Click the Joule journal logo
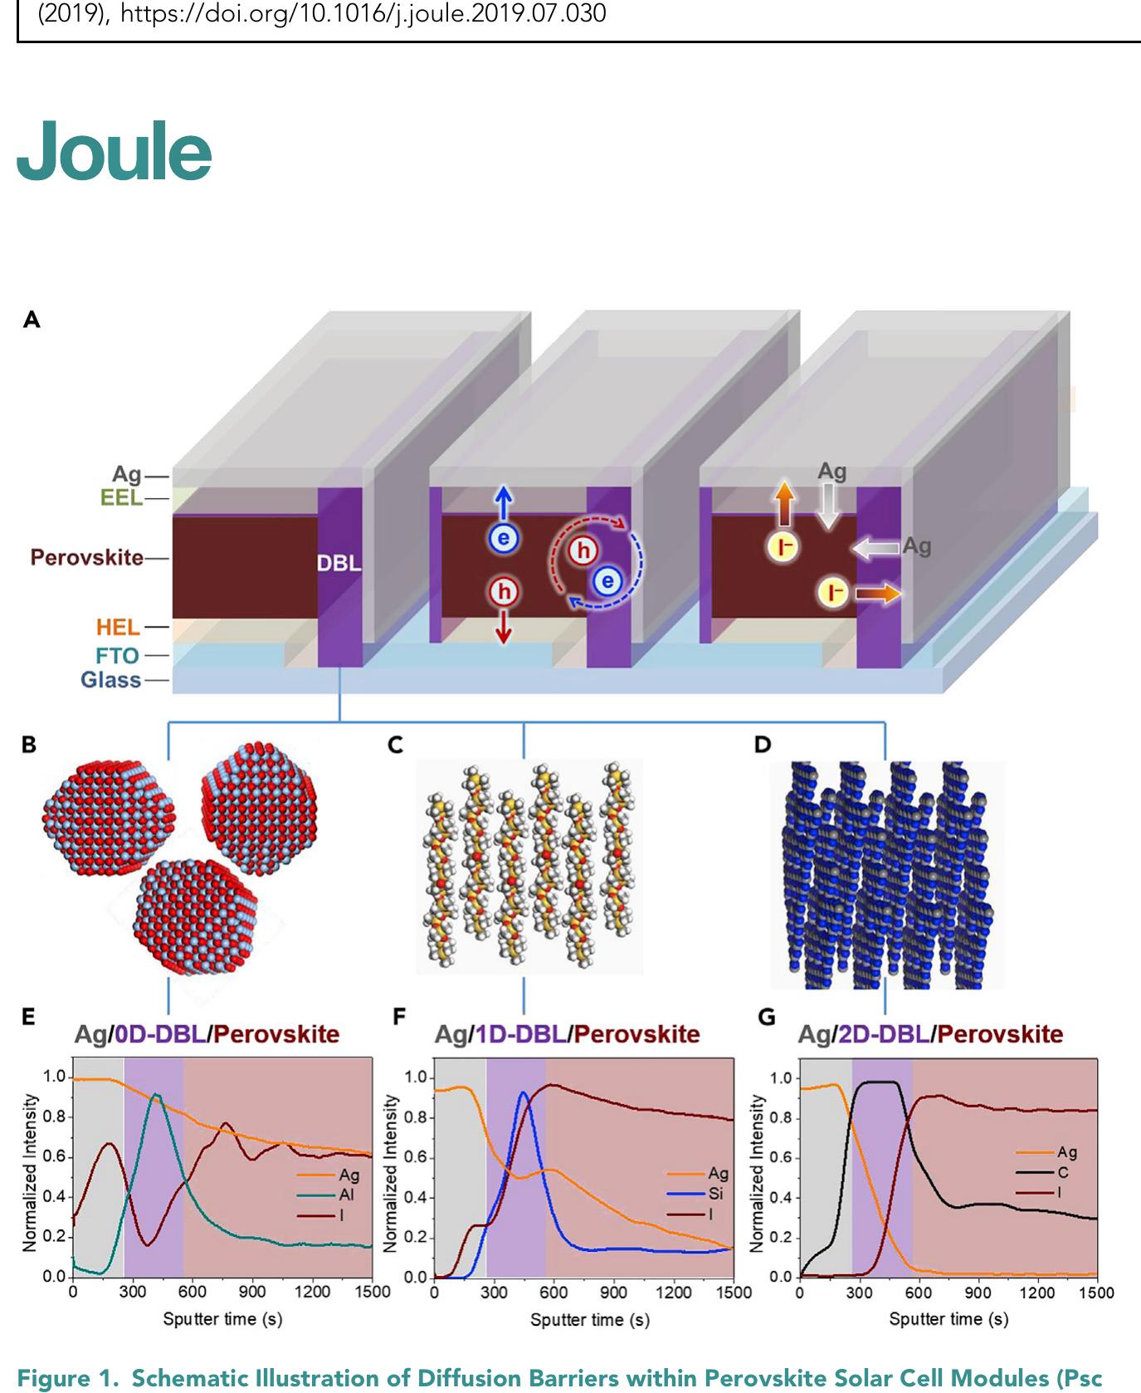(x=114, y=151)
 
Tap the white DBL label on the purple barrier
(x=339, y=563)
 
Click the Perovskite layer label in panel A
(x=86, y=557)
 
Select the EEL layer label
(x=121, y=498)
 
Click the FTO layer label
(x=117, y=656)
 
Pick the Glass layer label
(x=110, y=680)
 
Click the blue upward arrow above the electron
(x=503, y=504)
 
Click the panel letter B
(x=29, y=745)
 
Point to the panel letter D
(x=761, y=745)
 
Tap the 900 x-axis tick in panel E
(x=252, y=1291)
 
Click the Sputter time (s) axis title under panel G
(x=948, y=1318)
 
